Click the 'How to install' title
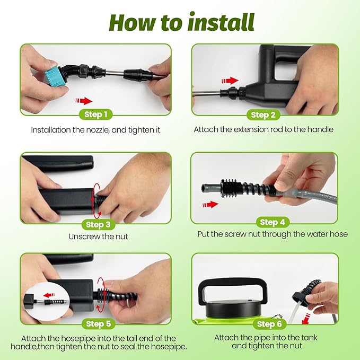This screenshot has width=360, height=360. (x=182, y=22)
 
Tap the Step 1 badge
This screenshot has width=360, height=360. (x=96, y=115)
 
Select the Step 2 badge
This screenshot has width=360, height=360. (x=263, y=115)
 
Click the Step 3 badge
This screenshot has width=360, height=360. (x=98, y=225)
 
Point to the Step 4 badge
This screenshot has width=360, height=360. (x=273, y=222)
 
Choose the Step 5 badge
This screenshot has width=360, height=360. (x=98, y=324)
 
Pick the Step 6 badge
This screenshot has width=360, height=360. (x=269, y=324)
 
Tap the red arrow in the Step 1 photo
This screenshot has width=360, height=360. (x=84, y=101)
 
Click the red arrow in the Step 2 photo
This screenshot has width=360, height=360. (x=230, y=81)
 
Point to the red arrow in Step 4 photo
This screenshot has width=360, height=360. (x=210, y=204)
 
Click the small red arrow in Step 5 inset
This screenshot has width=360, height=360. (x=49, y=295)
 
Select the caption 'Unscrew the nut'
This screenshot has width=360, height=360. (x=98, y=236)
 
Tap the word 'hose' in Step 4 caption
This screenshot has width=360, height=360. (x=339, y=234)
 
